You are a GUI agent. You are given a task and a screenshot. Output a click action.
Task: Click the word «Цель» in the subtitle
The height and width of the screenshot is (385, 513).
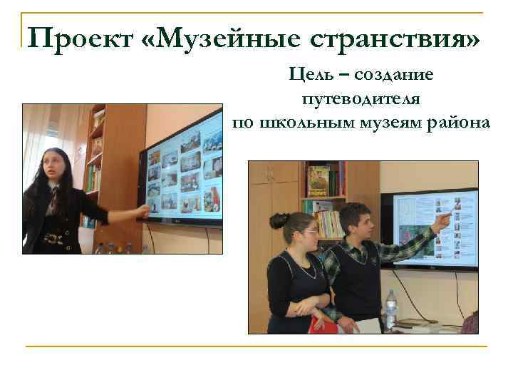coord(310,74)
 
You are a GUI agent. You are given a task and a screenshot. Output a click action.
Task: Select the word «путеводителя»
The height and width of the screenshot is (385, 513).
coord(361,98)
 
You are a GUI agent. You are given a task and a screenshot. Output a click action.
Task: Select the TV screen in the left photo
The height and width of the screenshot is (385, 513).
coord(182,175)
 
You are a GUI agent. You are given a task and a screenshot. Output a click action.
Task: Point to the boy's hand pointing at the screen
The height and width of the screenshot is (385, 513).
coord(443,218)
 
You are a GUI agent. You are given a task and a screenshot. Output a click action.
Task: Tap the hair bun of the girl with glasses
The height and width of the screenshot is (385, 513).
coord(279,220)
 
